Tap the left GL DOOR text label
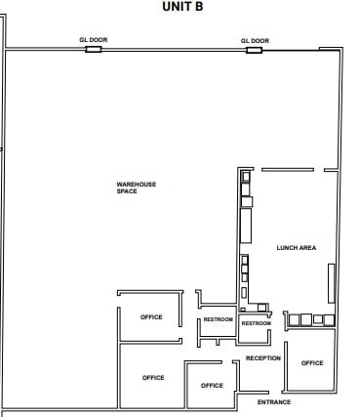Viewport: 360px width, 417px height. pyautogui.click(x=93, y=40)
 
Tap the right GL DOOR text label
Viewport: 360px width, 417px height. pyautogui.click(x=255, y=40)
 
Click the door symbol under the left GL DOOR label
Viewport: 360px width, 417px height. pyautogui.click(x=94, y=49)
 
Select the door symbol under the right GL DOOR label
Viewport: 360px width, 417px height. pyautogui.click(x=256, y=49)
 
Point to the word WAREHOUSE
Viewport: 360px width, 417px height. pyautogui.click(x=137, y=184)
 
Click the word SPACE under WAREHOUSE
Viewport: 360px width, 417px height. pyautogui.click(x=127, y=191)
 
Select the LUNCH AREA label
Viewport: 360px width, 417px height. pyautogui.click(x=297, y=248)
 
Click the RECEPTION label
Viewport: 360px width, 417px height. pyautogui.click(x=263, y=358)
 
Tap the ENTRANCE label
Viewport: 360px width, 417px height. pyautogui.click(x=274, y=402)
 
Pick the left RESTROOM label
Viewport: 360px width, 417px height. pyautogui.click(x=218, y=320)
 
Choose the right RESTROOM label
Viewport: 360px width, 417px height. pyautogui.click(x=256, y=323)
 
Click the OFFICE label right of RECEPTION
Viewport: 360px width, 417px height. pyautogui.click(x=312, y=362)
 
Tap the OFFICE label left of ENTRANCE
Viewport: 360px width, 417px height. pyautogui.click(x=212, y=385)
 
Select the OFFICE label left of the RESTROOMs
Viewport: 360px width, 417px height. pyautogui.click(x=151, y=316)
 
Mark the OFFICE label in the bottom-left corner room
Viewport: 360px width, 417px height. pyautogui.click(x=153, y=377)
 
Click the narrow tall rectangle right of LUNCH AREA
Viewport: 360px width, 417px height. pyautogui.click(x=331, y=284)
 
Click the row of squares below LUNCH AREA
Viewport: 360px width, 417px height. pyautogui.click(x=309, y=319)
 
